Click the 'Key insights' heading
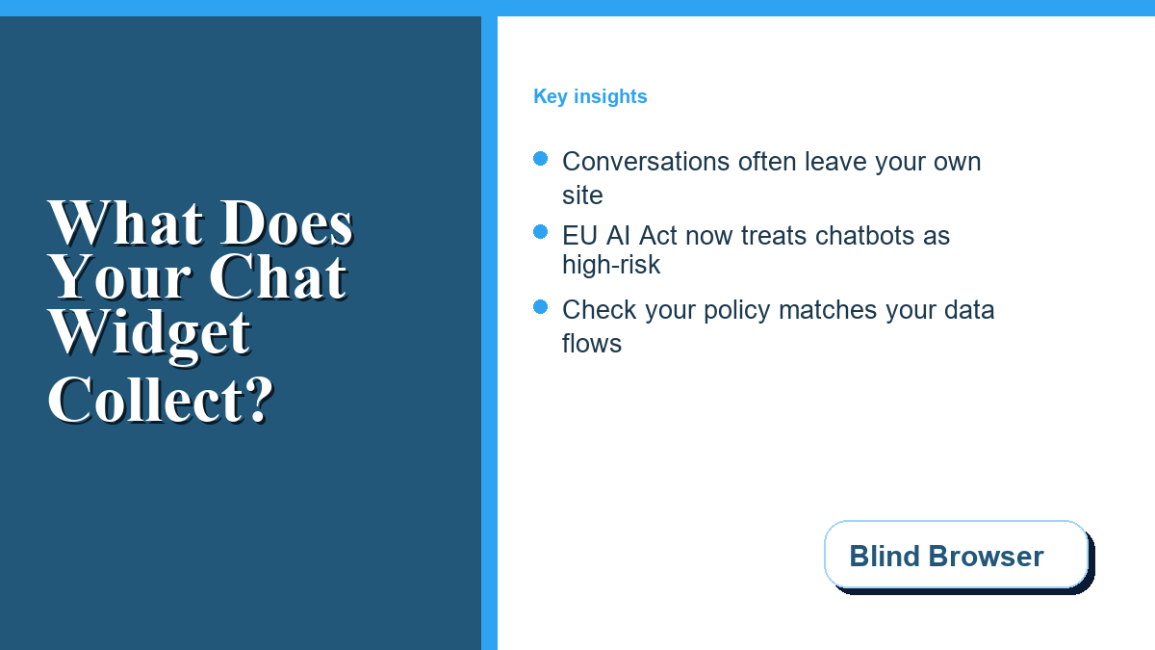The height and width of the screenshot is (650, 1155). point(590,96)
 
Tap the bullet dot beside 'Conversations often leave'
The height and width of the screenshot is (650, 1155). point(540,159)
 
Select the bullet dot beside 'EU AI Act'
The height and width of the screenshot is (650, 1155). point(540,232)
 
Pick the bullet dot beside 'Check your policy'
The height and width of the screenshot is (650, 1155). point(540,307)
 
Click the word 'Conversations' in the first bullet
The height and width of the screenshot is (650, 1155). point(646,162)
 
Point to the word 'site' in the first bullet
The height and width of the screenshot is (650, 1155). point(582,195)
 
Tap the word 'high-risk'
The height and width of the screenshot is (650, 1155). point(611,265)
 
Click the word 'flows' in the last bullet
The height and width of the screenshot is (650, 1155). point(591,344)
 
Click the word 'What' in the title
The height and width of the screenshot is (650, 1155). point(126,222)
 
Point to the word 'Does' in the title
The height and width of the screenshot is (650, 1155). point(287,222)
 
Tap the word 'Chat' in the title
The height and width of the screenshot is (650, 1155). point(277,277)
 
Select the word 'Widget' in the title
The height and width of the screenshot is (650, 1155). point(149,334)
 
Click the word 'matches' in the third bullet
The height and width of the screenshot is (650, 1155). point(828,310)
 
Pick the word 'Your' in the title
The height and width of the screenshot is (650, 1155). point(119,277)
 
